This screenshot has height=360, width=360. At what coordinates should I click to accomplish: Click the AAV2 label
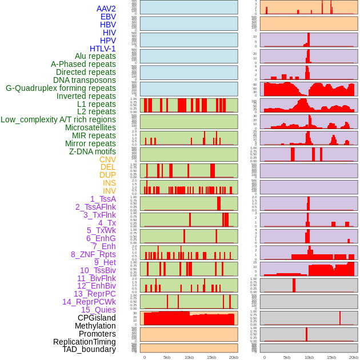[x=106, y=9]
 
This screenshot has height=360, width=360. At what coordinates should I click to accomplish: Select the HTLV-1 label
[x=103, y=49]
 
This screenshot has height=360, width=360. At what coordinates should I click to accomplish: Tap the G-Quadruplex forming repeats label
[x=61, y=88]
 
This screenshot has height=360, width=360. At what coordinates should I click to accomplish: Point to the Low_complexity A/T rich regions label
[x=58, y=119]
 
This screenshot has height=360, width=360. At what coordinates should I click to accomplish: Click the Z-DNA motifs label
[x=93, y=151]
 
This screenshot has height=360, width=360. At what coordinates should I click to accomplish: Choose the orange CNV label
[x=107, y=159]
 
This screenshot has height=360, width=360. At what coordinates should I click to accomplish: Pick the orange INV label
[x=109, y=191]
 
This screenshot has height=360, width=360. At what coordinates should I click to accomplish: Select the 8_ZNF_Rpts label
[x=93, y=254]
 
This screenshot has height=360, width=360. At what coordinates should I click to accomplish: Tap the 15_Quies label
[x=97, y=310]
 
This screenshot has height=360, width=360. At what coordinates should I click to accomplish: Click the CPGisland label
[x=97, y=318]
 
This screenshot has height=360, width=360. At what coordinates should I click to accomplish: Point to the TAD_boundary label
[x=89, y=349]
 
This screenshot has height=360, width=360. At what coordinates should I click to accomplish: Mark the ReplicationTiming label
[x=85, y=342]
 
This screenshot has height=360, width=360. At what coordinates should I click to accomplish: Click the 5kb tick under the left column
[x=167, y=357]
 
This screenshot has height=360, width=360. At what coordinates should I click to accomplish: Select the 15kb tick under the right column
[x=331, y=357]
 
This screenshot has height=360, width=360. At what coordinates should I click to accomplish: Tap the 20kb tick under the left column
[x=233, y=357]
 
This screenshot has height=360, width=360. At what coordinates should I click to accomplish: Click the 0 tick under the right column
[x=265, y=357]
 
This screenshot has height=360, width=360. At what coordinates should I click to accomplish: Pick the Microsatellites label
[x=90, y=127]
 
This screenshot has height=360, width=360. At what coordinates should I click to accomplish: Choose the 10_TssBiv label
[x=98, y=270]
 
